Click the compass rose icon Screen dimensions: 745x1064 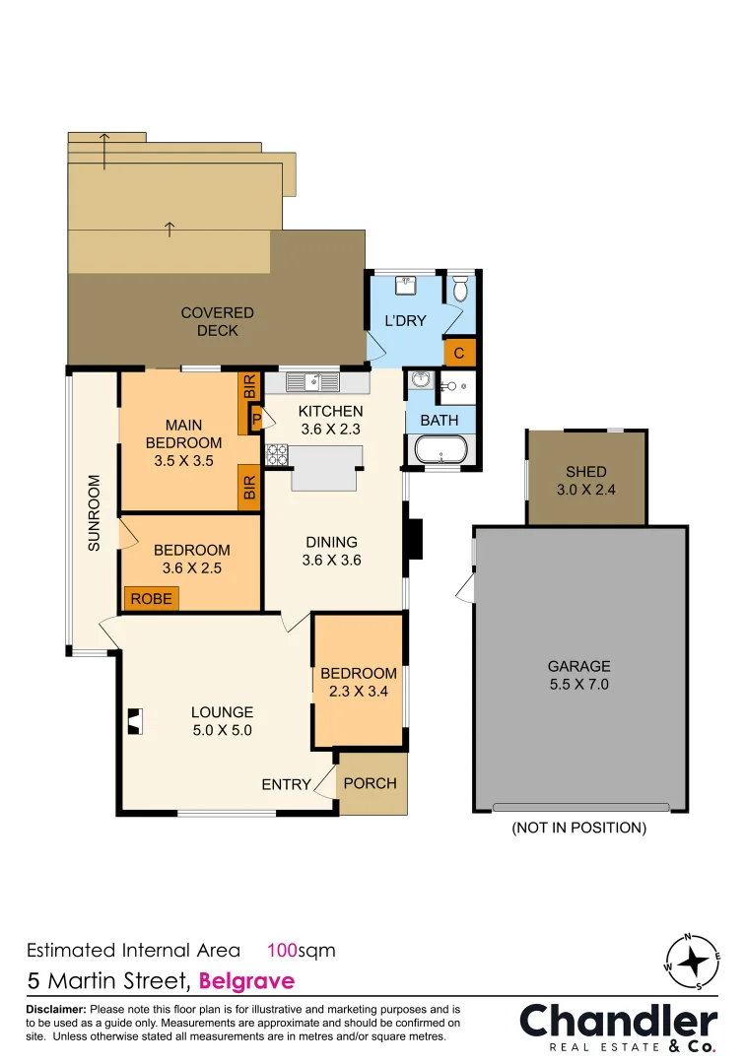point(692,962)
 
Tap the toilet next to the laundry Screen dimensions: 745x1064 point(460,289)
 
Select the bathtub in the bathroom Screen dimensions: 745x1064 point(440,450)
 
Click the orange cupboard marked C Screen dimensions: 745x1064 point(459,353)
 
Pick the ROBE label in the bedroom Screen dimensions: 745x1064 point(152,599)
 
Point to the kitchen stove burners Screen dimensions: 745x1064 point(277,454)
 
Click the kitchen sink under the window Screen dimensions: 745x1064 point(312,382)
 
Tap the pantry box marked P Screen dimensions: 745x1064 point(256,419)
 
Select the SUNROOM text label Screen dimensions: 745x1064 point(94,513)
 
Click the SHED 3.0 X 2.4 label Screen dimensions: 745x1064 point(586,481)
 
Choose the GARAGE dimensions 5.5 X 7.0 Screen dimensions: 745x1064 point(579,684)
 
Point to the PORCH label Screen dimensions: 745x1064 point(370,783)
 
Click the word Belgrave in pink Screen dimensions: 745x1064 point(247,981)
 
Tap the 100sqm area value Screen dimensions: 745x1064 point(302,950)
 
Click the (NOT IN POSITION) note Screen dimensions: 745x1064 point(578,828)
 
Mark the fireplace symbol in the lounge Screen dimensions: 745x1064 point(136,721)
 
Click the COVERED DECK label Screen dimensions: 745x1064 point(217,321)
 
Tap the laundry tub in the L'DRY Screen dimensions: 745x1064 point(406,285)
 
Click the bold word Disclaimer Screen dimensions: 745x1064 point(56,1009)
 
